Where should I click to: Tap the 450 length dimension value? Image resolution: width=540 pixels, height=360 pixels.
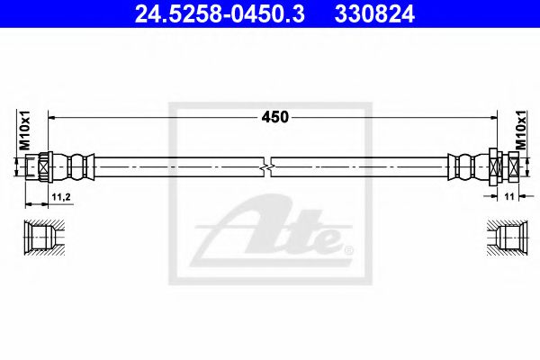pyautogui.click(x=273, y=117)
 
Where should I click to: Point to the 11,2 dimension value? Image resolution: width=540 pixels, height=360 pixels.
pyautogui.click(x=61, y=195)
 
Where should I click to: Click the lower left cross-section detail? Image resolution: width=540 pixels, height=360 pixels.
pyautogui.click(x=41, y=237)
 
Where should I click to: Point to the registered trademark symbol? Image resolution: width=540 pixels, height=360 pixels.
pyautogui.click(x=349, y=247)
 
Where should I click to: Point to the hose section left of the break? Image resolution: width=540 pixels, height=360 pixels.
pyautogui.click(x=180, y=167)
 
